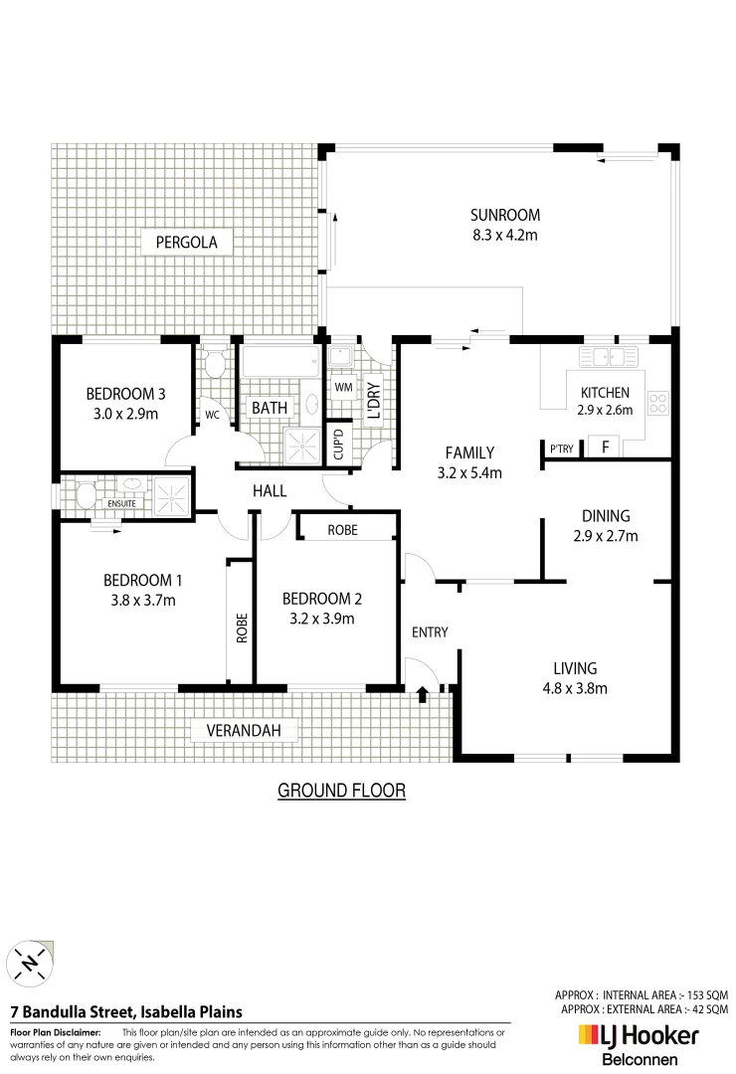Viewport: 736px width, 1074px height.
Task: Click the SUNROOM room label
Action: [504, 215]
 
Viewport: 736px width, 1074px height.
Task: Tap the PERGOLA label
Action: [186, 241]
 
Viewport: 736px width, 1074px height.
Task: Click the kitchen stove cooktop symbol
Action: [657, 403]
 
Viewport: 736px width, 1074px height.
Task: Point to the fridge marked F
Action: [604, 447]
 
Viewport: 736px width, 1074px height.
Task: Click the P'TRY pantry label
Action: [562, 449]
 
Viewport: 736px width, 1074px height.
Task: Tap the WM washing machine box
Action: [343, 387]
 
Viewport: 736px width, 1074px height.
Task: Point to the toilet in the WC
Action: [214, 364]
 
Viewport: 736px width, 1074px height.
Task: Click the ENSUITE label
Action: [121, 504]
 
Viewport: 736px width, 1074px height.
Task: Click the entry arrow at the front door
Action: [423, 692]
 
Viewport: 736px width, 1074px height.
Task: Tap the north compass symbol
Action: [30, 963]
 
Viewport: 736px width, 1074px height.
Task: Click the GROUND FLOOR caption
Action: [341, 791]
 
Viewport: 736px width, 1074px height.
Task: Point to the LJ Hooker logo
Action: [638, 1037]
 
